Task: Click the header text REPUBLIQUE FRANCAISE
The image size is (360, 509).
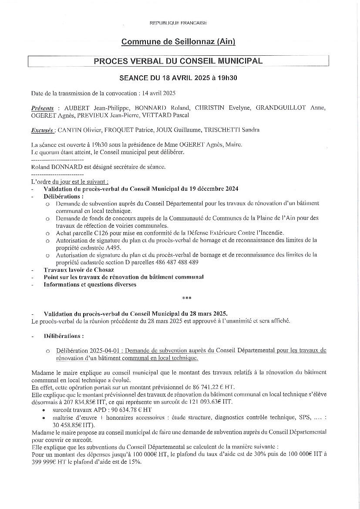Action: point(178,23)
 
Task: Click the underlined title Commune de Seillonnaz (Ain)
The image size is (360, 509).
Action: point(178,42)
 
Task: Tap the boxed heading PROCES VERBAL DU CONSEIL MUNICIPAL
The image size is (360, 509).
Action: point(178,61)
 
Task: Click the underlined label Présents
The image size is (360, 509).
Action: point(43,108)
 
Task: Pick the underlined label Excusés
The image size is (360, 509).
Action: point(43,130)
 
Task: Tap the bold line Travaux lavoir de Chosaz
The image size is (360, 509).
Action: point(76,270)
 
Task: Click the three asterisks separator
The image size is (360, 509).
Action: point(187,299)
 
